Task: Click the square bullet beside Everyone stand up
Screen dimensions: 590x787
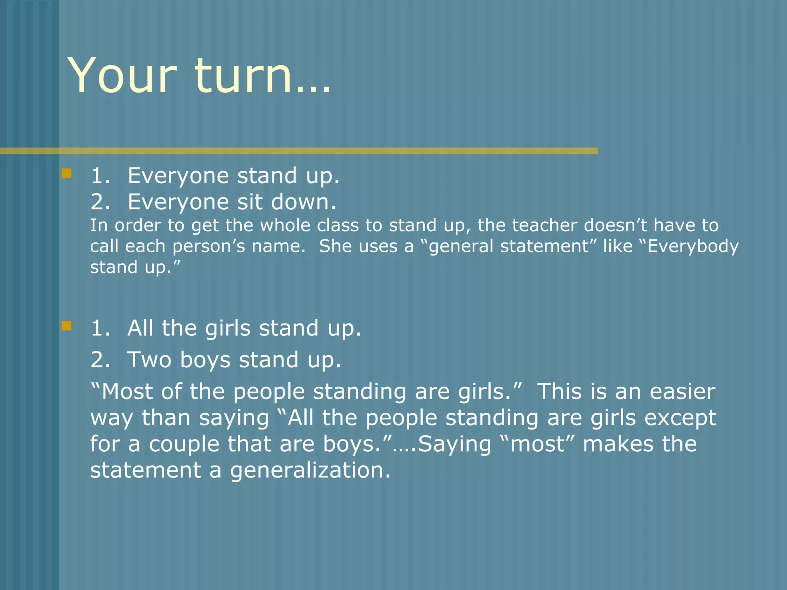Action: (x=66, y=174)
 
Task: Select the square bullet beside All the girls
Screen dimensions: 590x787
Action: (x=66, y=326)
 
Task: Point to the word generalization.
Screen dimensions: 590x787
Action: (x=310, y=471)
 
